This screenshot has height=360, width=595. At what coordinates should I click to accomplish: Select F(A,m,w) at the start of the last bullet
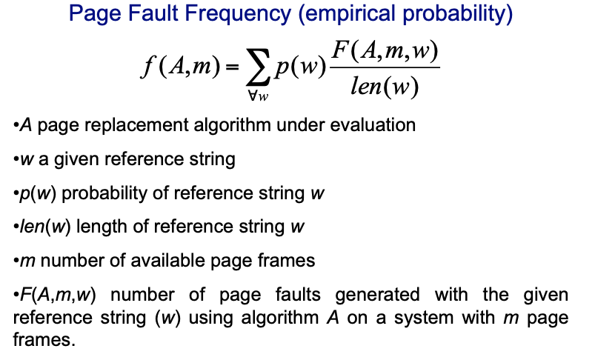click(x=59, y=295)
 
